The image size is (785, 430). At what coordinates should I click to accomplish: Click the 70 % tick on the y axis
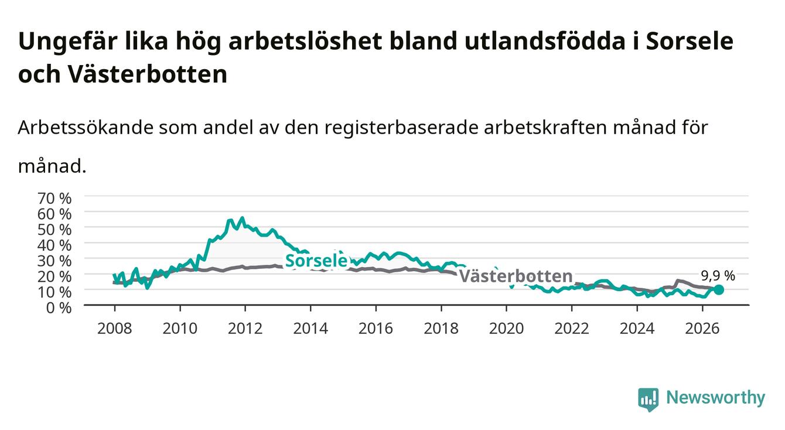click(54, 199)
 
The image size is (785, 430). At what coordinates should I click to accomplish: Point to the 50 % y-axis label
click(54, 230)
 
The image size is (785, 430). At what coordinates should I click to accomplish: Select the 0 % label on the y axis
click(59, 308)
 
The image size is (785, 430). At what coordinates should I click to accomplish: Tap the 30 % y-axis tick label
click(54, 261)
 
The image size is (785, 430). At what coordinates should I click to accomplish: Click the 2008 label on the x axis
click(115, 329)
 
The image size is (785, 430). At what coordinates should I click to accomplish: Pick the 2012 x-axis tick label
click(245, 329)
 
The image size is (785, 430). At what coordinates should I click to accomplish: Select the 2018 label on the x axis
click(441, 329)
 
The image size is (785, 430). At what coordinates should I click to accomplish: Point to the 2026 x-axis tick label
click(702, 329)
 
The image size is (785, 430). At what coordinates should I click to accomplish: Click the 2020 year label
click(506, 329)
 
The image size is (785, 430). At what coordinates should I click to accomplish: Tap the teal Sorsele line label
click(316, 261)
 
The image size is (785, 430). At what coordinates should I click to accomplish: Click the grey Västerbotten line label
click(516, 276)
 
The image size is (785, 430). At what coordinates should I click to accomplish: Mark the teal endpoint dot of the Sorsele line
click(719, 290)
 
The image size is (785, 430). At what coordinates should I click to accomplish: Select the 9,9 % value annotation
click(718, 276)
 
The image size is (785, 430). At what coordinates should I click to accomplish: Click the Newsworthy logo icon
click(649, 400)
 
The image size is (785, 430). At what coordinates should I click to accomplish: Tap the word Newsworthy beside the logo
click(716, 398)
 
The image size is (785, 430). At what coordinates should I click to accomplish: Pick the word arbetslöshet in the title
click(305, 41)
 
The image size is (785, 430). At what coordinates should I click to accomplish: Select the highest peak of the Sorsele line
click(242, 218)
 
